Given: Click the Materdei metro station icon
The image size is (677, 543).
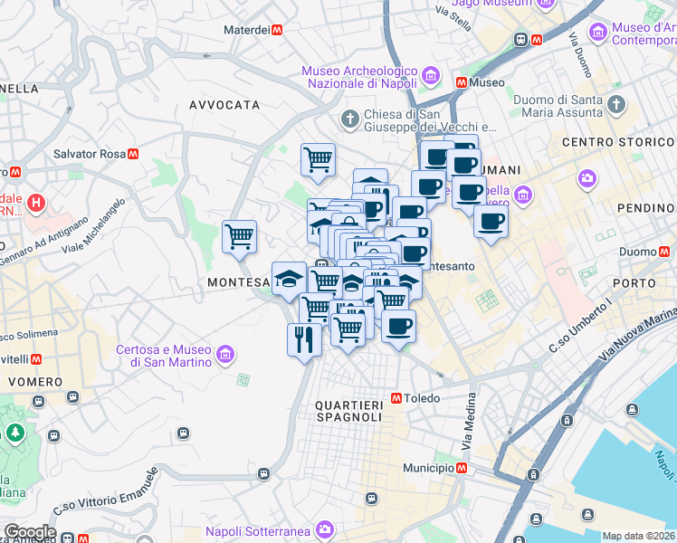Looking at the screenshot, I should [x=278, y=30].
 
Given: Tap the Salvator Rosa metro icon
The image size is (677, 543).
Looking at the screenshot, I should [x=133, y=154].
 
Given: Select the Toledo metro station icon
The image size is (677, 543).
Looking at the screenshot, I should [x=396, y=398].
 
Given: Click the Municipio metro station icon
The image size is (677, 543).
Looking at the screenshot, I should [x=462, y=468].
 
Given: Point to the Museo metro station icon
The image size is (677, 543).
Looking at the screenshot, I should [x=462, y=82].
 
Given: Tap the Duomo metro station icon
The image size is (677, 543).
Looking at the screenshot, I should [x=668, y=252].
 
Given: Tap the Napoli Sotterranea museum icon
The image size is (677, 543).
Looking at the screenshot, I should [x=324, y=530].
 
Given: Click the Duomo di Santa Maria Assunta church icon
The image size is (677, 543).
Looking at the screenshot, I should [x=616, y=103].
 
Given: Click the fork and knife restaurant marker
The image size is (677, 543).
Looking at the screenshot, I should [x=303, y=339].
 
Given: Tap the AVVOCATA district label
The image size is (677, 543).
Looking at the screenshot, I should [x=224, y=105].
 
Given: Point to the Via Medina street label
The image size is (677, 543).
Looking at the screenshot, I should [x=469, y=425].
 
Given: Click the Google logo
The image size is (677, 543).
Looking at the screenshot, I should [x=29, y=532].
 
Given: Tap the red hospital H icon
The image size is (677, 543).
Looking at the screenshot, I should [x=37, y=201].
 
